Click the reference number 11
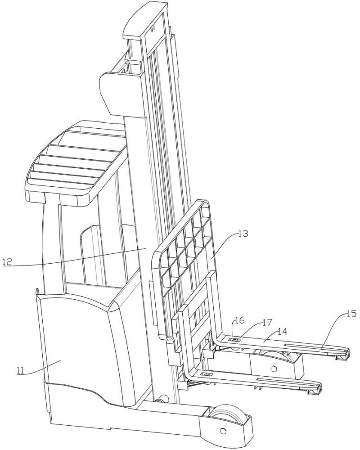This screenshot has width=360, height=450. tap(21, 370)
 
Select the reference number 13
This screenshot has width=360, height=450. tap(243, 234)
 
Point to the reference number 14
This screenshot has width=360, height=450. tap(282, 332)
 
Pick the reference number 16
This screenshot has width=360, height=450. tap(240, 320)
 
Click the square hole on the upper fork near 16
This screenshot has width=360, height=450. tap(234, 340)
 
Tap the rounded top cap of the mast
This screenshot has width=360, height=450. tap(145, 20)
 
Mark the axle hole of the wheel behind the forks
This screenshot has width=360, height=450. tap(273, 368)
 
